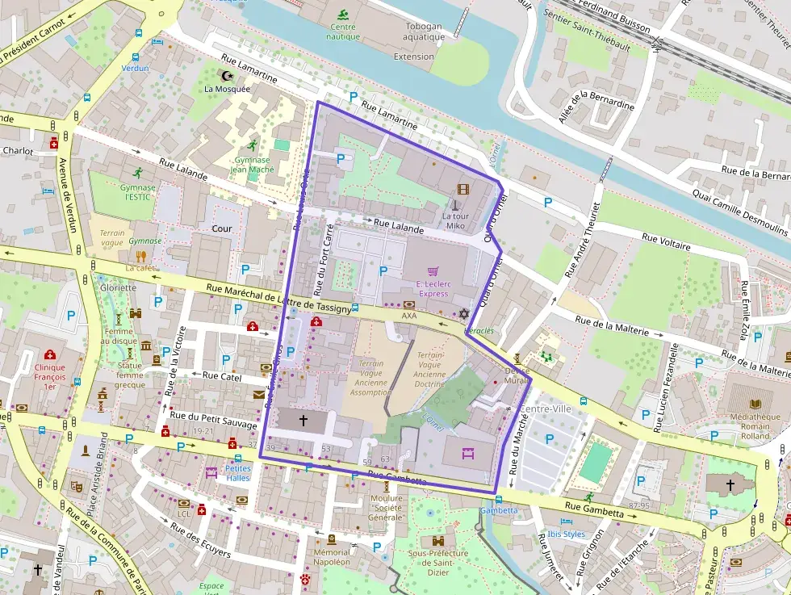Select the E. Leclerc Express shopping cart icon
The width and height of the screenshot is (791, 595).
(433, 271)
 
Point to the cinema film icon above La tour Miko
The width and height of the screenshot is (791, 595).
(462, 190)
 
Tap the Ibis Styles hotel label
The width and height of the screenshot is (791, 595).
(566, 534)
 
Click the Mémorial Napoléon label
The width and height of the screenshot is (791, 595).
(332, 557)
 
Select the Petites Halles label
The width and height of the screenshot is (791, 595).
(238, 472)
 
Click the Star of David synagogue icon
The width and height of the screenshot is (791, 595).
(463, 313)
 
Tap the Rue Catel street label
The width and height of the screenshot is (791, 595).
(222, 375)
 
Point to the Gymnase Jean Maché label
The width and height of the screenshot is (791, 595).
(252, 165)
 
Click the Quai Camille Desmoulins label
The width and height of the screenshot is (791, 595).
(740, 212)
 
